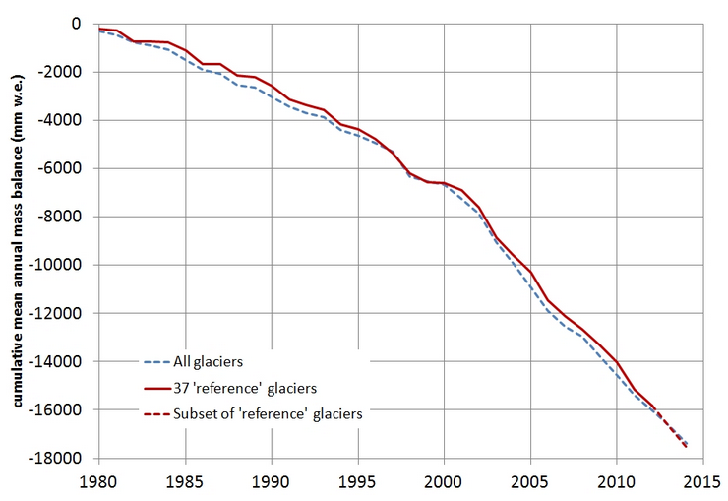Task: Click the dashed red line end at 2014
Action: coord(686,447)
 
